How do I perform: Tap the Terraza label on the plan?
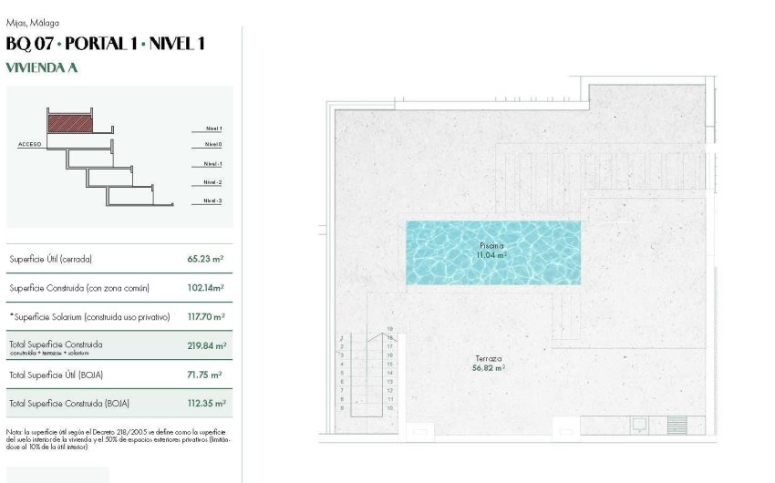488,359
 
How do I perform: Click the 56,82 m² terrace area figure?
488,368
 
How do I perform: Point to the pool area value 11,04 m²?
491,255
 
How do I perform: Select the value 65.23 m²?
205,259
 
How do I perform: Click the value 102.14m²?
206,288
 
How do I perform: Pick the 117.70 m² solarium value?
205,317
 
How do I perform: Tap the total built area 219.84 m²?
207,346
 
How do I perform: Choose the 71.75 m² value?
205,375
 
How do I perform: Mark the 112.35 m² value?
207,403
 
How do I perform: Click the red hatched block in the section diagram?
71,122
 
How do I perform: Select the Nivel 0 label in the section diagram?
213,145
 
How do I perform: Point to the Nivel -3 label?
212,200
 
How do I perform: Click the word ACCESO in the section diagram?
30,145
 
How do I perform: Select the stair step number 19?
389,328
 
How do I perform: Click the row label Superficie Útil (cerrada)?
51,260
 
